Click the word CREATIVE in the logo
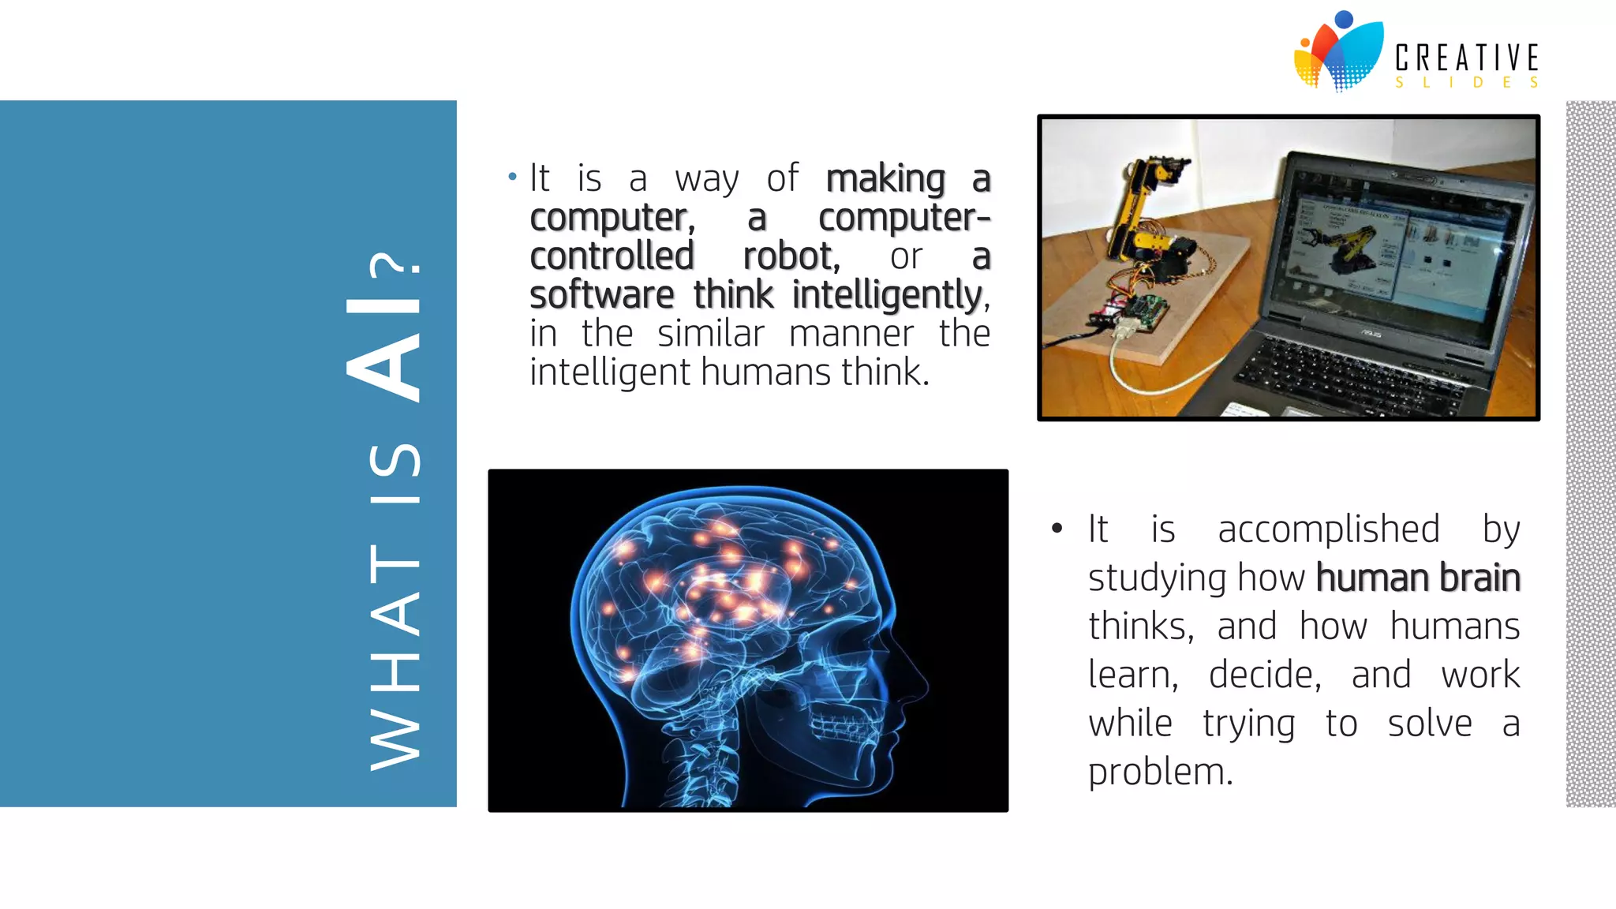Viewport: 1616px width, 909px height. pos(1466,58)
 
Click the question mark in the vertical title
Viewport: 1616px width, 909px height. pos(395,271)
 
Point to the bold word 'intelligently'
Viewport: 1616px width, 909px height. pos(887,296)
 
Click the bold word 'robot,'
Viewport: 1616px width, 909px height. pos(791,256)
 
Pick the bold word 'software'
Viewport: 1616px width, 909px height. pos(601,296)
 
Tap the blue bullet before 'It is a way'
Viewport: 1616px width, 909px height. pos(512,177)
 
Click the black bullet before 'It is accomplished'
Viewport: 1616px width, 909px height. pos(1057,528)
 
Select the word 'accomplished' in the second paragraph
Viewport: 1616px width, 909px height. pos(1329,529)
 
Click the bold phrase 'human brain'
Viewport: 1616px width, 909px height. pos(1418,578)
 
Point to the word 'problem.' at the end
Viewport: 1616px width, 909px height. pos(1160,772)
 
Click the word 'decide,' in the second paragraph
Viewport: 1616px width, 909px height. pos(1265,675)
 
